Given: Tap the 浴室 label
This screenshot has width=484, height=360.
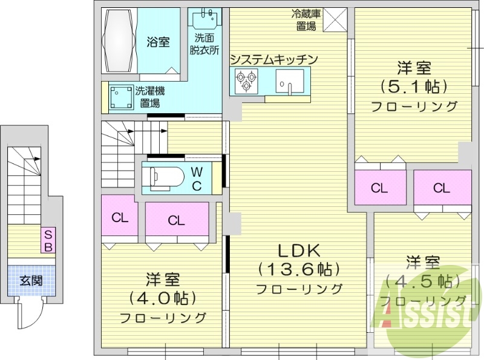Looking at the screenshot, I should [159, 42].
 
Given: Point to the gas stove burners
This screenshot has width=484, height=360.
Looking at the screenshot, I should [246, 80].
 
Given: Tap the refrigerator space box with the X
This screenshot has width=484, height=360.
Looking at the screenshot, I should [335, 20].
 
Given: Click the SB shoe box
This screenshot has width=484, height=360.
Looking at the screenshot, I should [48, 241].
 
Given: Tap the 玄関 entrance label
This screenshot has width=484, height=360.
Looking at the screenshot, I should [30, 281].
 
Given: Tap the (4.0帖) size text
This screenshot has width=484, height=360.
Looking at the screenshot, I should [162, 298].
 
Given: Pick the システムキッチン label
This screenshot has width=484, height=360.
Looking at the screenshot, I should [273, 59].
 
